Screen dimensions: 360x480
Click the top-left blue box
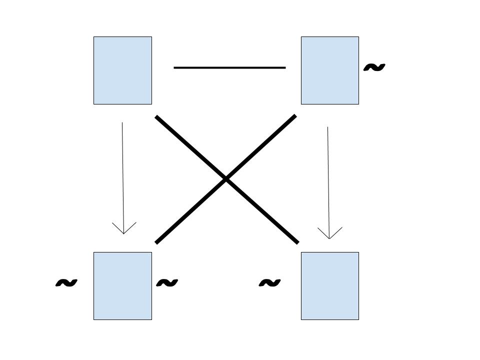[x=122, y=70]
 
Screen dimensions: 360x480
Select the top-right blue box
[x=330, y=70]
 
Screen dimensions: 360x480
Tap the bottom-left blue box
[x=122, y=286]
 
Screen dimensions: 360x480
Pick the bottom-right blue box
[x=330, y=286]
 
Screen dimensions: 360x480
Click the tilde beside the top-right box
[x=373, y=67]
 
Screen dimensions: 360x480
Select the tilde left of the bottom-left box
[x=66, y=283]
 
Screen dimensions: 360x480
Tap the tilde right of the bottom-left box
[x=167, y=283]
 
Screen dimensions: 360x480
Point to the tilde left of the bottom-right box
[x=269, y=283]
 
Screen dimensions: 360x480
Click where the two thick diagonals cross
[x=226, y=179]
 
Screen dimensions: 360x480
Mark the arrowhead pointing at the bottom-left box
[x=123, y=233]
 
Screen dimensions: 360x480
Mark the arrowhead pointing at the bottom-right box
[x=329, y=238]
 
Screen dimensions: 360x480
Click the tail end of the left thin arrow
[x=122, y=123]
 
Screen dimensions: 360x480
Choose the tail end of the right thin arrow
[x=328, y=127]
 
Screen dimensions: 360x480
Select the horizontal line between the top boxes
[x=229, y=67]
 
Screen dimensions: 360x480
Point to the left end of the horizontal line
[x=174, y=67]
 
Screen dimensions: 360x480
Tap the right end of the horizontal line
[x=285, y=67]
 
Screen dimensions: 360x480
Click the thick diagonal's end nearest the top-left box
[x=156, y=117]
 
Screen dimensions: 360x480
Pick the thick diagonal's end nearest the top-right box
[x=295, y=116]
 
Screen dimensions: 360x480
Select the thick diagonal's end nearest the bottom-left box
[x=156, y=242]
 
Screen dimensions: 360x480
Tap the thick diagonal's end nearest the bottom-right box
[x=297, y=243]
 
